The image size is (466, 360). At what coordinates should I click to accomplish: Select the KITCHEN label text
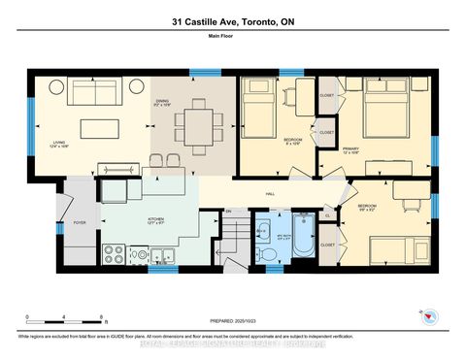tap(156, 221)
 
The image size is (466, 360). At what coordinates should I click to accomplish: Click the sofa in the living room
tap(92, 93)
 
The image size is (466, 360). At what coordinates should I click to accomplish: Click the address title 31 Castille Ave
tap(232, 21)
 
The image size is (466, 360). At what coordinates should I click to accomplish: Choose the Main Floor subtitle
tap(232, 39)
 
